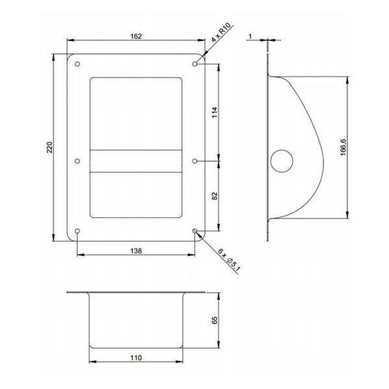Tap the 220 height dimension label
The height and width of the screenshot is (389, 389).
point(50,148)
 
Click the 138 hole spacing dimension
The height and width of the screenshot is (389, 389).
point(136,250)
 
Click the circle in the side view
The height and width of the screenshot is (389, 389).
point(283,161)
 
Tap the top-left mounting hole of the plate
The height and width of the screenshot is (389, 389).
point(78,65)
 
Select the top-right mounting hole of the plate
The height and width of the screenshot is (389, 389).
point(195,65)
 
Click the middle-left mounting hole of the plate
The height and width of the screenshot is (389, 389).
point(78,161)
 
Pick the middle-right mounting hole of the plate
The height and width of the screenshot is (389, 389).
point(195,161)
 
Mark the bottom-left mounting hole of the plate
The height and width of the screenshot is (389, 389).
point(78,231)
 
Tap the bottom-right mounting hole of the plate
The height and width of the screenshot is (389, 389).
point(195,231)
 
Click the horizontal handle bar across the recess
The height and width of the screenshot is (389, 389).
point(136,161)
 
